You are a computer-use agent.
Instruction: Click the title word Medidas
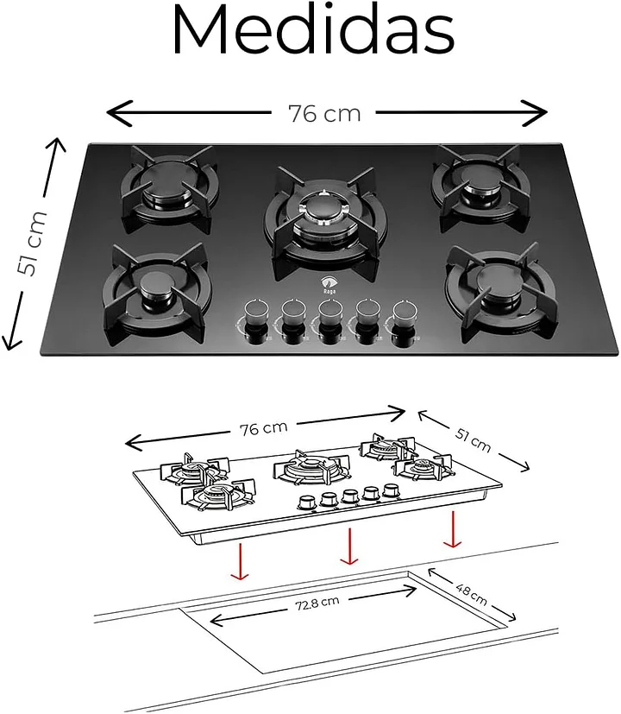[313, 30]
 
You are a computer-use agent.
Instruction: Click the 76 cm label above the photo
[324, 114]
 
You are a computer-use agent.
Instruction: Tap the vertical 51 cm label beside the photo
[31, 243]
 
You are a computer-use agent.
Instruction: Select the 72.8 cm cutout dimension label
[317, 603]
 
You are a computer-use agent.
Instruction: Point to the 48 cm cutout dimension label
[471, 595]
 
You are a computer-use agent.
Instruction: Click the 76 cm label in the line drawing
[263, 428]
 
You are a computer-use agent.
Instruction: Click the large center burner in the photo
[325, 221]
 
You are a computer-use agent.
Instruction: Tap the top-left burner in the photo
[169, 187]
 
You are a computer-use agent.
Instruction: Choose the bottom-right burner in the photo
[500, 292]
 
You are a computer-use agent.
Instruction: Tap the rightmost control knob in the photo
[405, 322]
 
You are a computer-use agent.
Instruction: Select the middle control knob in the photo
[330, 321]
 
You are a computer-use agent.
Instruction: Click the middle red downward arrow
[349, 546]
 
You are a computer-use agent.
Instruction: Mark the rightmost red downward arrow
[453, 529]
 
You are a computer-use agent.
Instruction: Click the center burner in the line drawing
[312, 467]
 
